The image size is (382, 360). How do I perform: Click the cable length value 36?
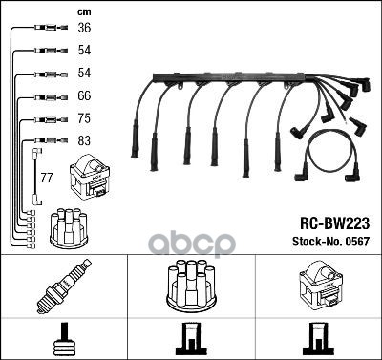(84, 28)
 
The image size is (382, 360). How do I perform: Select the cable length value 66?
(84, 95)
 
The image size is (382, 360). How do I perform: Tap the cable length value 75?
(84, 118)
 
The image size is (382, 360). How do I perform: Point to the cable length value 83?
(84, 140)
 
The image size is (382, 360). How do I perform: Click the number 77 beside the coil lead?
(47, 178)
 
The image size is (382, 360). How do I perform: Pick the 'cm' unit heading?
(84, 12)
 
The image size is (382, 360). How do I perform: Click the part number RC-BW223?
(334, 223)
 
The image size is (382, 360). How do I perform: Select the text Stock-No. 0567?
(330, 242)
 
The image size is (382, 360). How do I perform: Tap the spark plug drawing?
(64, 286)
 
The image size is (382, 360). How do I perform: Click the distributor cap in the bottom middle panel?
(191, 286)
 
